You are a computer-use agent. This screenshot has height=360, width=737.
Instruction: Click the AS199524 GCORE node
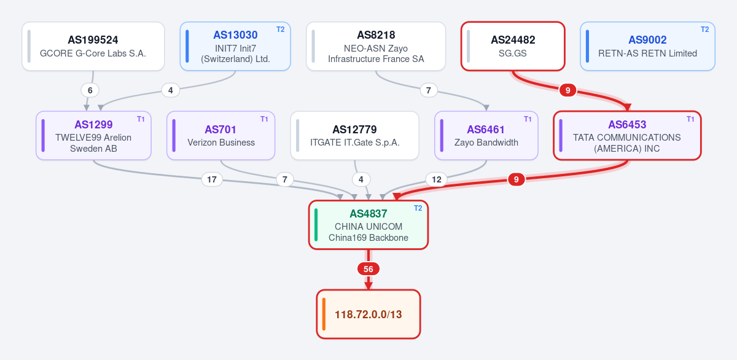[93, 46]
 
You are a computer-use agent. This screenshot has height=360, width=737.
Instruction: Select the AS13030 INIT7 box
[235, 46]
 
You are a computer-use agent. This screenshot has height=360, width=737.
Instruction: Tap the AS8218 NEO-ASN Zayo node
[376, 46]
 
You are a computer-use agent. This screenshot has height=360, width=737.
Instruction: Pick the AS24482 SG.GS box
[513, 46]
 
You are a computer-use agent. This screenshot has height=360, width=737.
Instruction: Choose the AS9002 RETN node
[647, 46]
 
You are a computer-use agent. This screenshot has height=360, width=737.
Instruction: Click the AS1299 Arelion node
[93, 136]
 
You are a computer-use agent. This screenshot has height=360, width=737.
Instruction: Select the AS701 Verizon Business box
[220, 136]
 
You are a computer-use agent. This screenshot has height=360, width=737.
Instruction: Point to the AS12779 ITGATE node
[355, 136]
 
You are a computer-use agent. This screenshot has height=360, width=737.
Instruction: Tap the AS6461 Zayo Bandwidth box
[486, 136]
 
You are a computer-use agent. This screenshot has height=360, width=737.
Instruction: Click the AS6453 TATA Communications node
[628, 136]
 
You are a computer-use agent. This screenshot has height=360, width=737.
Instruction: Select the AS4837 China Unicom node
[368, 225]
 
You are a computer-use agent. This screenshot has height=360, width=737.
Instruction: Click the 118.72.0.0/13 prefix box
[368, 315]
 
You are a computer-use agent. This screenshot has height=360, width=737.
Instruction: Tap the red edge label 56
[368, 269]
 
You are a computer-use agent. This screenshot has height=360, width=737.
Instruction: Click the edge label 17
[212, 179]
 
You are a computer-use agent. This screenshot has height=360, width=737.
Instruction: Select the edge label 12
[437, 179]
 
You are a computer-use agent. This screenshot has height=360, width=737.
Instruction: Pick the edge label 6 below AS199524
[90, 90]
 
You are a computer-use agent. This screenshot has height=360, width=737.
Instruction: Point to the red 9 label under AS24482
[568, 90]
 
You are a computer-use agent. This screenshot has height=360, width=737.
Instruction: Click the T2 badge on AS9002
[705, 29]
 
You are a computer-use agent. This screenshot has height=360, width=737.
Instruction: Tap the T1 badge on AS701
[264, 119]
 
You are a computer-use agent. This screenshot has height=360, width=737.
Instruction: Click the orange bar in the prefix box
[324, 315]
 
